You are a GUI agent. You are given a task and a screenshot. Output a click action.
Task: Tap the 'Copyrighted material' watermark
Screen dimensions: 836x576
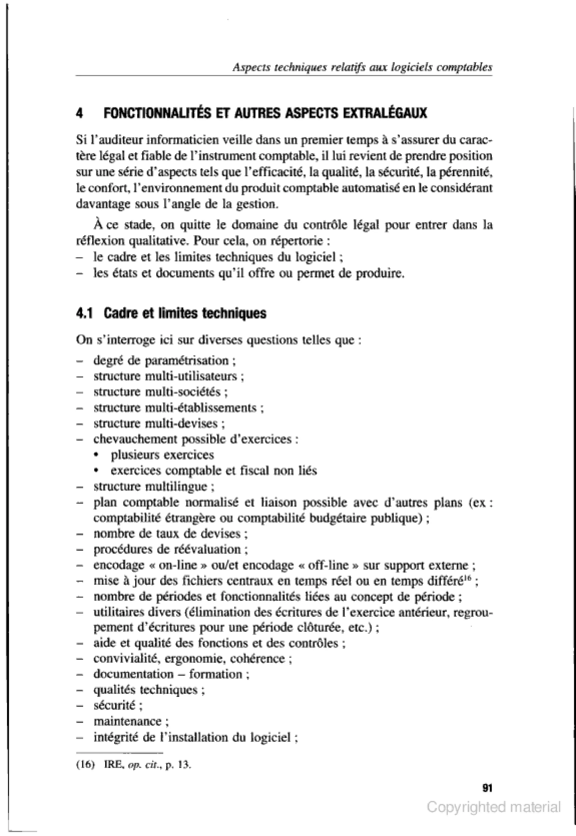[x=494, y=807]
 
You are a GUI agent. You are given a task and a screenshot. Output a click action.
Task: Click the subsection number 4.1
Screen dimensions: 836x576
[x=84, y=313]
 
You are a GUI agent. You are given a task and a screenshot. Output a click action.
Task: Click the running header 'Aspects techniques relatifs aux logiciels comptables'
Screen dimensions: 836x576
[x=362, y=67]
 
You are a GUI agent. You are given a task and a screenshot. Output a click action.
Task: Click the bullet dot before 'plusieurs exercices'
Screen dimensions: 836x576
[x=96, y=455]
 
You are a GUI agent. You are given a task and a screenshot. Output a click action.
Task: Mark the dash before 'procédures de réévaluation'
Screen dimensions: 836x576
[x=80, y=550]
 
